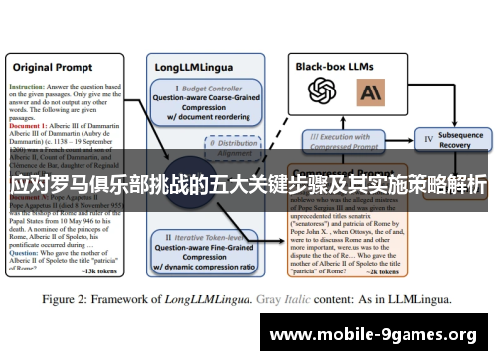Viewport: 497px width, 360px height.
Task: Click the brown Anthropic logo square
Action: (x=371, y=92)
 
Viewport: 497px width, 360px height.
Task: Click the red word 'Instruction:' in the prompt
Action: (x=29, y=87)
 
